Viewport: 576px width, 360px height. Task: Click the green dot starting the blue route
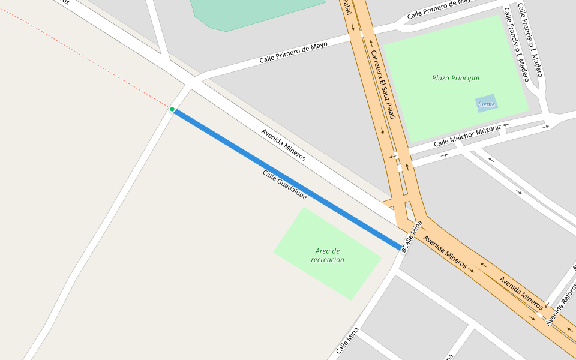[172, 109]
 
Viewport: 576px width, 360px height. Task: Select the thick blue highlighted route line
[288, 179]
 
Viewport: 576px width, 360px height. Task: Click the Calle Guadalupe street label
[284, 184]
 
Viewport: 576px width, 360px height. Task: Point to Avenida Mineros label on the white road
[283, 145]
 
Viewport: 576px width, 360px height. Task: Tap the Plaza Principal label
[455, 78]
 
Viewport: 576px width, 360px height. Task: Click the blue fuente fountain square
[487, 104]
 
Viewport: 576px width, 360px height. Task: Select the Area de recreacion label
[328, 256]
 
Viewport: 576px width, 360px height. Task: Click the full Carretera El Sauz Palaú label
[382, 85]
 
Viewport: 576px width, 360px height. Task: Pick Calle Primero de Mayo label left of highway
[293, 53]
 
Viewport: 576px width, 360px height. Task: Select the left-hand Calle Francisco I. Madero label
[516, 44]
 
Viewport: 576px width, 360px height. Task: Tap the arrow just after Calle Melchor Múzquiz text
[506, 125]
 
